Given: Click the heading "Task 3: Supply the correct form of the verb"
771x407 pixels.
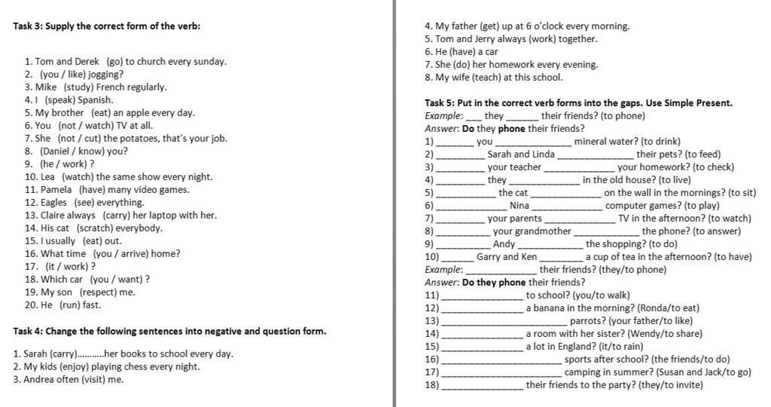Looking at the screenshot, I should (x=107, y=26).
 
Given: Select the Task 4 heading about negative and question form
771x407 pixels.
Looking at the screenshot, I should (x=169, y=331).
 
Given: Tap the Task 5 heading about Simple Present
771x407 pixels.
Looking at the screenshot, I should (x=578, y=103).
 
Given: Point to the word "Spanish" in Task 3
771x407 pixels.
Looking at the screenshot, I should (x=96, y=99).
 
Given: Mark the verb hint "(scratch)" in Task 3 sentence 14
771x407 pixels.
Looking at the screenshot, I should (x=95, y=228).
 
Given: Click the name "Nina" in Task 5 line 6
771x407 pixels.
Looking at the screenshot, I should (x=520, y=206).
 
